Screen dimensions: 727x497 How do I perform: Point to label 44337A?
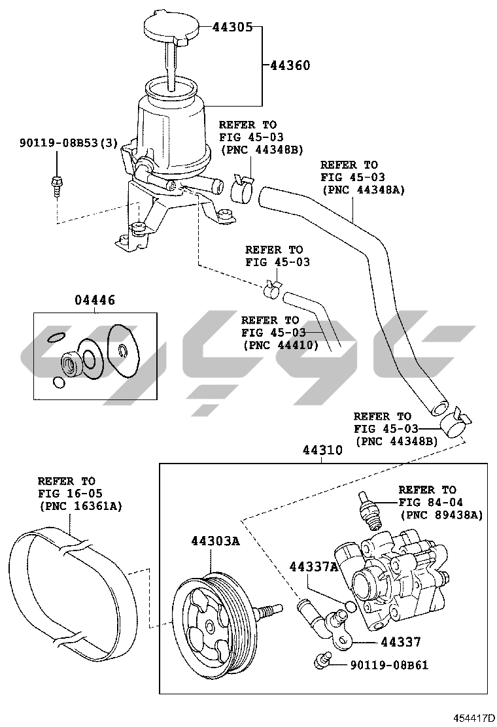point(313,566)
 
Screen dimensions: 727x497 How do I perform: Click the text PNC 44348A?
point(364,190)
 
